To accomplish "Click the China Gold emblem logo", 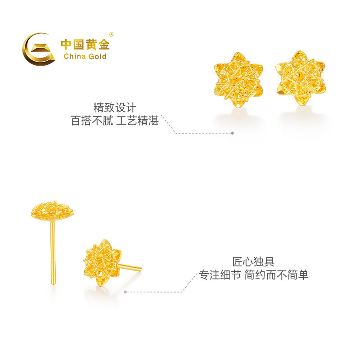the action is (x=38, y=49).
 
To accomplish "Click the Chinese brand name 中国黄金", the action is (x=85, y=45).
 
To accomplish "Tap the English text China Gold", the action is (x=85, y=56).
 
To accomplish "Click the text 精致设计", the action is (x=115, y=108).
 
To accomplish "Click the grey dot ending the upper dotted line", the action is (x=232, y=133).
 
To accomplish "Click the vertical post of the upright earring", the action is (x=53, y=252).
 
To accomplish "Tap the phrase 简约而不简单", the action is (x=276, y=275).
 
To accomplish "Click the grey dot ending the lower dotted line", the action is (x=126, y=292).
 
